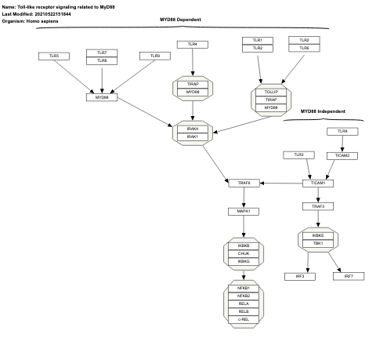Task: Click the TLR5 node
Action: [x=54, y=56]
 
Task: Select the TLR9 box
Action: [x=155, y=56]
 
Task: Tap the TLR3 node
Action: [x=298, y=155]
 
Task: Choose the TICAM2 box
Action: [x=342, y=155]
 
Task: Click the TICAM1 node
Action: [x=318, y=183]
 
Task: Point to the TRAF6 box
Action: [x=244, y=183]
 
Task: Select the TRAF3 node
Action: [x=318, y=206]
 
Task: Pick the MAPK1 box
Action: [x=244, y=211]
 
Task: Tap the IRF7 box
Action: [x=349, y=276]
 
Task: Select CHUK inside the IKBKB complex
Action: [x=244, y=253]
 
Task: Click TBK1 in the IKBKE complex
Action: [x=318, y=243]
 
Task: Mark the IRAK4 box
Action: [x=193, y=129]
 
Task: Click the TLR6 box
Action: [x=304, y=48]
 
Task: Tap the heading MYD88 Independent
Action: [x=323, y=111]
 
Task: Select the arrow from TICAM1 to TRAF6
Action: [x=281, y=183]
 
